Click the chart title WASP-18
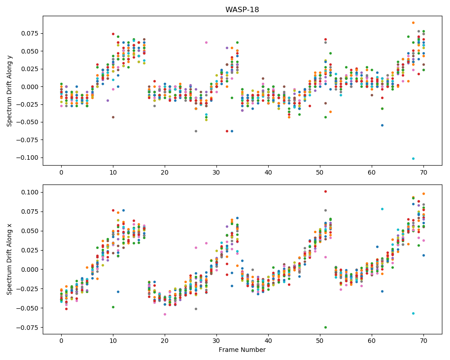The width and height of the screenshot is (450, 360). pos(242,9)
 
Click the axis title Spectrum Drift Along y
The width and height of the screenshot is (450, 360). pos(9,91)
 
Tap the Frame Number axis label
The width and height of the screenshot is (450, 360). pos(242,349)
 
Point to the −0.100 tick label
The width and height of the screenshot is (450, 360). pos(28,157)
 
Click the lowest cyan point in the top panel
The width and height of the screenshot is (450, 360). pos(413,158)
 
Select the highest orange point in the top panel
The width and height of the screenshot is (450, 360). pos(413,22)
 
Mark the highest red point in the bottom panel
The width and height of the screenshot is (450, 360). pos(325,192)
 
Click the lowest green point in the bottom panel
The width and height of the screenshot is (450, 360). pos(325,327)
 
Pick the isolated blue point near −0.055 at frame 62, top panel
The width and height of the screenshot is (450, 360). pos(382,125)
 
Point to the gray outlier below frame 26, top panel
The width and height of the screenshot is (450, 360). pos(196,131)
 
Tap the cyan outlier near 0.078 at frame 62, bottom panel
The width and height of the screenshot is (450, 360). pos(382,209)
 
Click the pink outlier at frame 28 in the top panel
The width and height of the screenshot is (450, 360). pos(207,42)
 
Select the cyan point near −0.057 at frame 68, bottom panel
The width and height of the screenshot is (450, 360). pos(413,314)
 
